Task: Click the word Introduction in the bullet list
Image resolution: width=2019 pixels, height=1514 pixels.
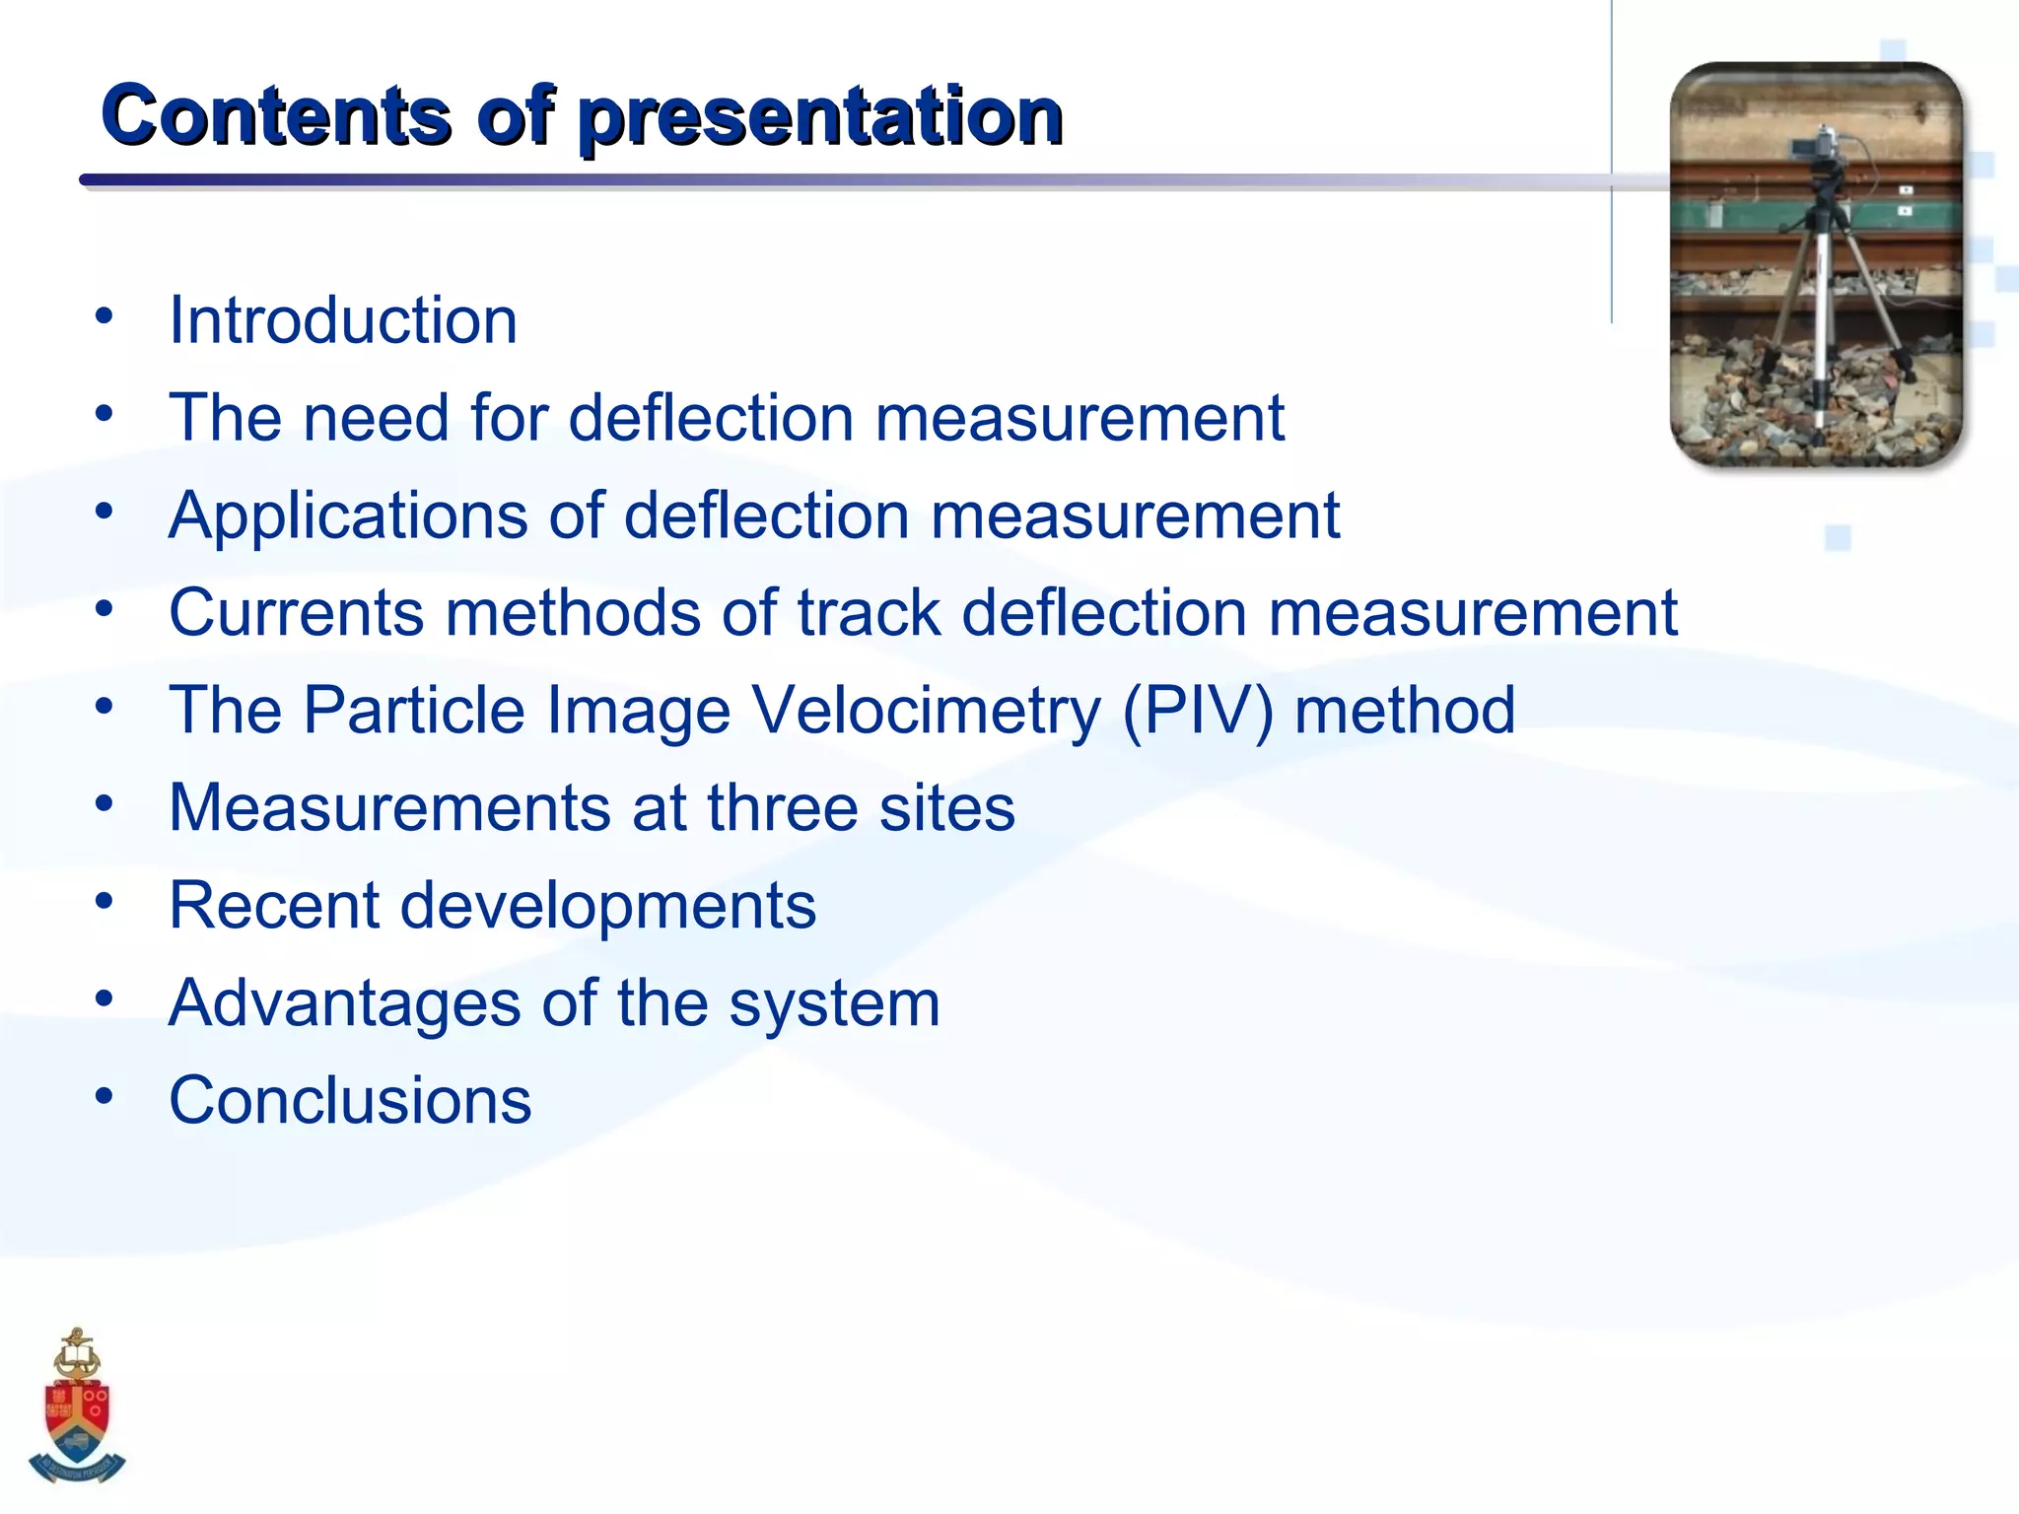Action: tap(342, 321)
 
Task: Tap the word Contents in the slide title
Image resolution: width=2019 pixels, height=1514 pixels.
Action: tap(276, 116)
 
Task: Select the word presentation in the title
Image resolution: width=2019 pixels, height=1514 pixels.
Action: tap(820, 116)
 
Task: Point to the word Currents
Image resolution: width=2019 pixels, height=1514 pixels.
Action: tap(296, 612)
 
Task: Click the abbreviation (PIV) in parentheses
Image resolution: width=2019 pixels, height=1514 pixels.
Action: tap(1198, 710)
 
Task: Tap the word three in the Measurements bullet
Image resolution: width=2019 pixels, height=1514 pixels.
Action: tap(783, 807)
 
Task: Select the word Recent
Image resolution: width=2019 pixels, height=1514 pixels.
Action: tap(273, 905)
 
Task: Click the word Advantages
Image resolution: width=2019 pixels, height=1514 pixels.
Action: tap(344, 1003)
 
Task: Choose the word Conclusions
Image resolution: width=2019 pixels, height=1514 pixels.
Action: tap(350, 1100)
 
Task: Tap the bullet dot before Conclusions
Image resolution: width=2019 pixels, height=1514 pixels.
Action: tap(104, 1095)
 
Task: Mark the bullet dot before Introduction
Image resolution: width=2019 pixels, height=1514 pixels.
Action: tap(104, 316)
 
